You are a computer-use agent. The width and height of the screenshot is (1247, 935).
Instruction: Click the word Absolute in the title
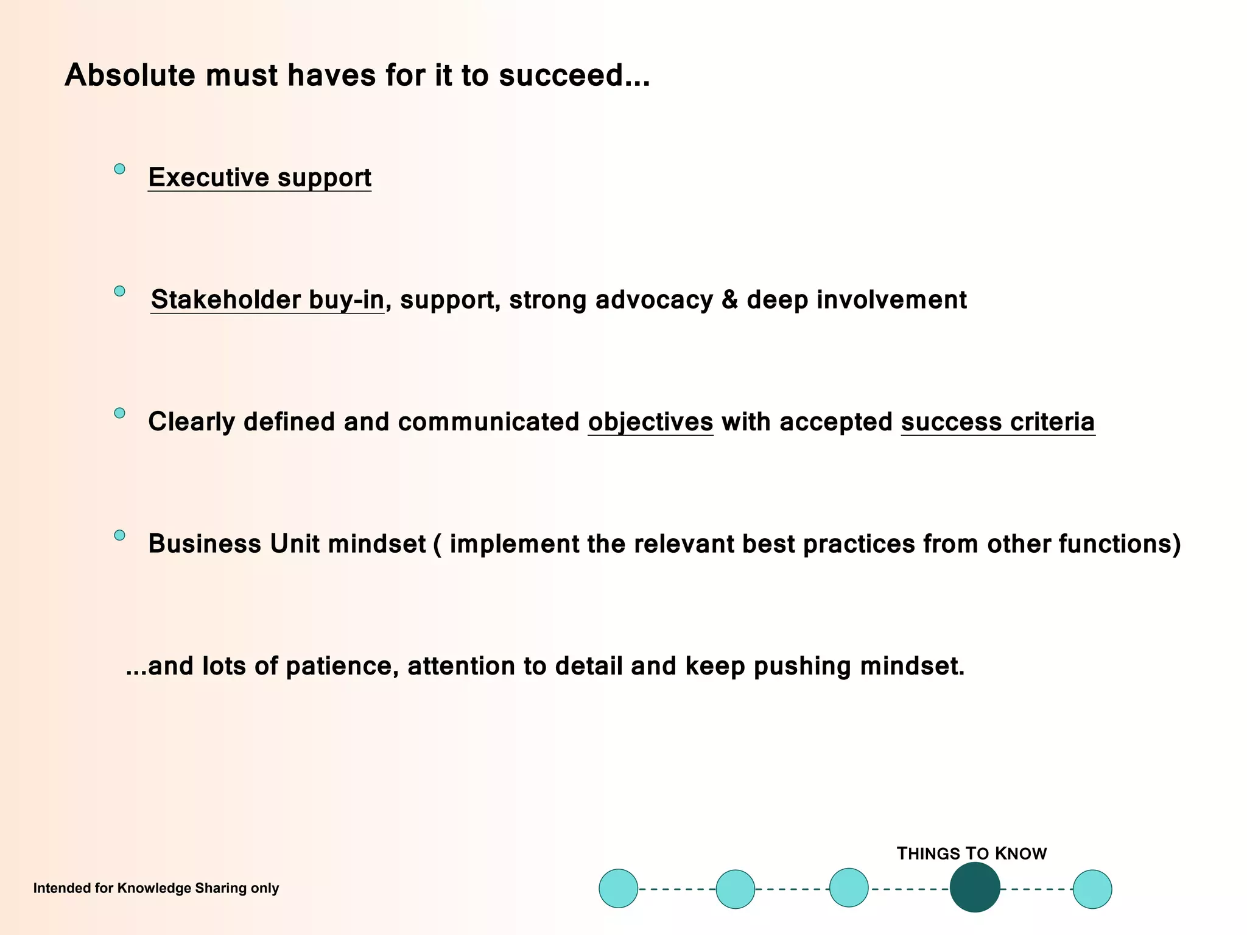[x=130, y=75]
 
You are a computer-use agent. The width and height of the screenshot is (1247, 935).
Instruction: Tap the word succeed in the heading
[x=561, y=75]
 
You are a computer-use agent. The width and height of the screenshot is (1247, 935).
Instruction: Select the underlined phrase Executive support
[x=259, y=178]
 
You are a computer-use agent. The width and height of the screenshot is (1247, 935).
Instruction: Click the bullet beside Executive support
[x=120, y=169]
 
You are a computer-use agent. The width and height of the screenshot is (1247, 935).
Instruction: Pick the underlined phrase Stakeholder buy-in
[x=267, y=300]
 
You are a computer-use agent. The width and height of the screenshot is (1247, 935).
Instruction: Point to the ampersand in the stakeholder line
[x=729, y=300]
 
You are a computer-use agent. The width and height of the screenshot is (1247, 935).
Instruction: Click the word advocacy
[x=653, y=300]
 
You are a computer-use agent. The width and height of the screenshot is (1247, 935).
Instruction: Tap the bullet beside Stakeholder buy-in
[x=120, y=292]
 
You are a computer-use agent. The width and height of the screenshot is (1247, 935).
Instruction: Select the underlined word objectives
[x=650, y=422]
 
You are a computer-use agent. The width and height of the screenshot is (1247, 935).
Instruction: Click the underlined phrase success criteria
[x=997, y=422]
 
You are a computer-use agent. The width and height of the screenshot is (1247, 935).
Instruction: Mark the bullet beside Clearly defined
[x=120, y=413]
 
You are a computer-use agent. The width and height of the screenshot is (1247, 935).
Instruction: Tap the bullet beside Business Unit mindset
[x=120, y=536]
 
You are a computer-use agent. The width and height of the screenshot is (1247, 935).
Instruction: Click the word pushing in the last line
[x=802, y=667]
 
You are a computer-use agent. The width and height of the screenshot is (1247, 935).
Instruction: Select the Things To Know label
[x=971, y=854]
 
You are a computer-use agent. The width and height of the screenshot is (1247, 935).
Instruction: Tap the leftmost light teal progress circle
[x=618, y=889]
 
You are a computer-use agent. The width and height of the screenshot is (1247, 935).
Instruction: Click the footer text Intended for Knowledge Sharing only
[x=156, y=888]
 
